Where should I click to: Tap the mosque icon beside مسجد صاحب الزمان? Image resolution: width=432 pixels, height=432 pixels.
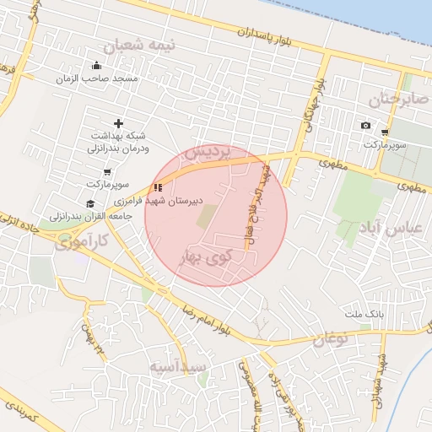point(96,66)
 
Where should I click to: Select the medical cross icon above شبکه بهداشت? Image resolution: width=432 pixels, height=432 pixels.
point(118,124)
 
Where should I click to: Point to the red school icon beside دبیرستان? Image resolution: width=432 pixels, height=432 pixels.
point(158,187)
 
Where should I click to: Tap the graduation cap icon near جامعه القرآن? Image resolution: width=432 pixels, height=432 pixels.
point(90,203)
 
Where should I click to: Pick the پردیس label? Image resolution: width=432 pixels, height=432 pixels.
point(206,153)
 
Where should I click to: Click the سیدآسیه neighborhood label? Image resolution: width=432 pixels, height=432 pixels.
point(178,368)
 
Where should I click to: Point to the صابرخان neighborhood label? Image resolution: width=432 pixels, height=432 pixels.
point(392,100)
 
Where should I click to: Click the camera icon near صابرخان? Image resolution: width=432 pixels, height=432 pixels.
point(365,126)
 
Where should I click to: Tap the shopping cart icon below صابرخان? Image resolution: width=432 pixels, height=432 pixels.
point(385,132)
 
